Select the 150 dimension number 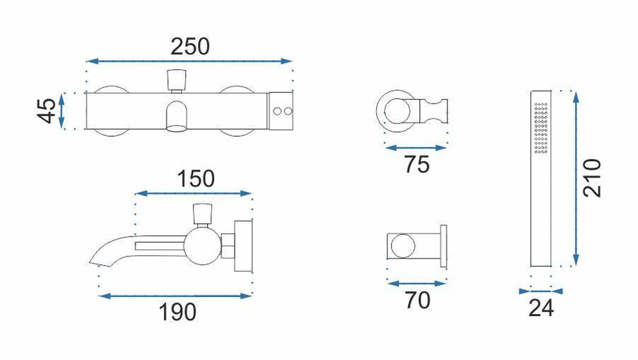[x=196, y=179]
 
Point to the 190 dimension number [x=177, y=312]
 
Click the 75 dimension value [x=417, y=164]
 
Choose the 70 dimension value [x=418, y=300]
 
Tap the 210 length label [x=592, y=178]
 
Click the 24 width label [x=541, y=308]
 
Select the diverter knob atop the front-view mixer [x=177, y=80]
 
